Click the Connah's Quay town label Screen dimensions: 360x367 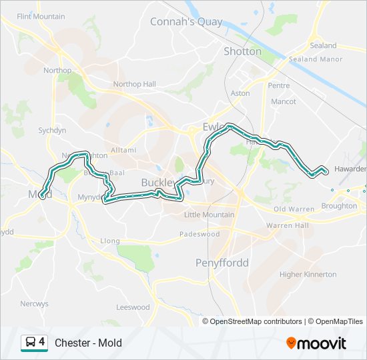[x=186, y=21]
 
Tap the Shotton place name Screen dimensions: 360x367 [x=242, y=51]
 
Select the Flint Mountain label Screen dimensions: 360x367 [x=41, y=16]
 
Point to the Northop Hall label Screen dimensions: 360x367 [x=134, y=84]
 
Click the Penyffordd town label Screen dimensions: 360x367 [x=222, y=263]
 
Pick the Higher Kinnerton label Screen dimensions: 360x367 [x=308, y=274]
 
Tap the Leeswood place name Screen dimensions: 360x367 [x=133, y=307]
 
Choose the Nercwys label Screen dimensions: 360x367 [x=34, y=303]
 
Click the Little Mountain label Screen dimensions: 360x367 [x=209, y=215]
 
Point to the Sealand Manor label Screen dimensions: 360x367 [x=315, y=59]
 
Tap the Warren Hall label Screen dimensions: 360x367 [x=288, y=225]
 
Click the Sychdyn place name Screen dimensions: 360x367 [x=52, y=131]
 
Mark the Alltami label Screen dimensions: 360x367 [x=123, y=150]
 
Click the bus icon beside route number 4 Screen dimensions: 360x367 [x=31, y=343]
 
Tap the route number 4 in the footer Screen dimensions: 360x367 [x=42, y=343]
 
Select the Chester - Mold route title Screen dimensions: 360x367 [x=88, y=343]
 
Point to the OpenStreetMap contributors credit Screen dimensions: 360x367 [x=253, y=321]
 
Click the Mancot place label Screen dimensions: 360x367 [x=284, y=102]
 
